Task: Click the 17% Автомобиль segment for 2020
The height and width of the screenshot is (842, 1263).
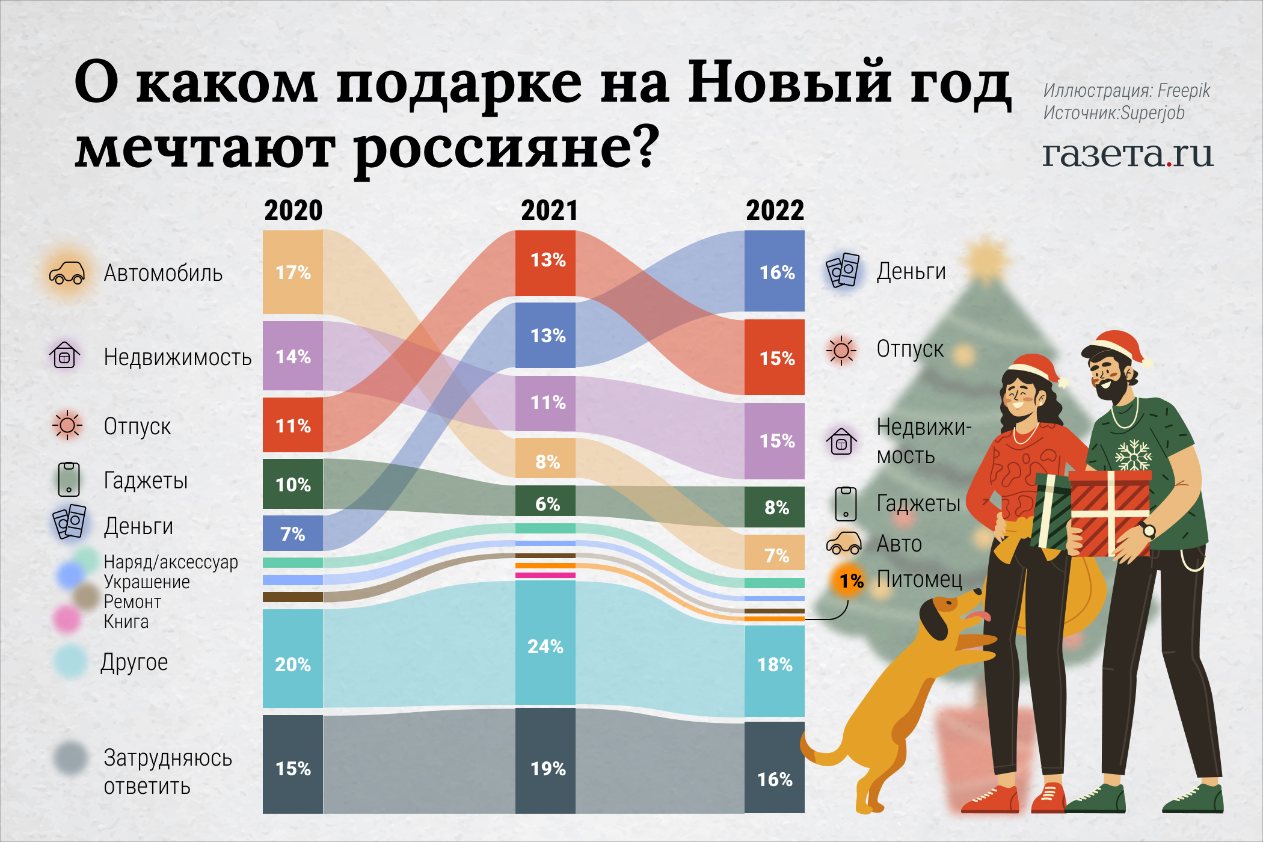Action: click(293, 272)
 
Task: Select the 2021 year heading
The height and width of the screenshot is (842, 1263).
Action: click(549, 211)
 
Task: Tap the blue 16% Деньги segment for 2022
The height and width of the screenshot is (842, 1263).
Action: click(775, 271)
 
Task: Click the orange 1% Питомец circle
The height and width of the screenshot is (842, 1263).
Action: click(849, 581)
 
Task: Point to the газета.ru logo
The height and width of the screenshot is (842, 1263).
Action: click(1128, 155)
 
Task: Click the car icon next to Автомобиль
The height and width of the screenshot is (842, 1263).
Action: click(67, 273)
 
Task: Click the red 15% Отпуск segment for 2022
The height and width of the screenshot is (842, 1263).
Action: click(775, 357)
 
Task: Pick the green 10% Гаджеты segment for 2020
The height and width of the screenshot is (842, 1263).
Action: click(293, 484)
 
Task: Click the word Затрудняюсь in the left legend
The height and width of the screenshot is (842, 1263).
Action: click(168, 758)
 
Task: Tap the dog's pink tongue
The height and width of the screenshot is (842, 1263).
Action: click(979, 615)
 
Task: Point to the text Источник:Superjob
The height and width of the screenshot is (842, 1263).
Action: click(1114, 113)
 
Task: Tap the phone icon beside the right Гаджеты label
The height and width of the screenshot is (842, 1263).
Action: click(846, 504)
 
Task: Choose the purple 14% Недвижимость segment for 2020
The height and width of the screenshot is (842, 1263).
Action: click(293, 356)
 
